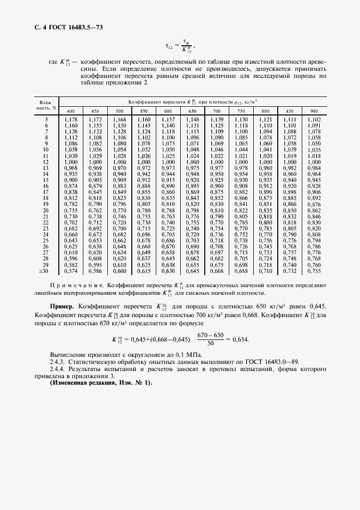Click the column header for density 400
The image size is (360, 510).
coord(71,111)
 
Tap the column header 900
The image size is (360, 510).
coord(314,111)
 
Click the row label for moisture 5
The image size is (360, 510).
coord(46,119)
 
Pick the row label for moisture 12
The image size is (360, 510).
coord(46,162)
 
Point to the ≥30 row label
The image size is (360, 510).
coord(45,271)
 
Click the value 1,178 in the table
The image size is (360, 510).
coord(71,119)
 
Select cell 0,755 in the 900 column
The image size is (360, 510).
coord(314,271)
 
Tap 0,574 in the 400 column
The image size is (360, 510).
coord(71,271)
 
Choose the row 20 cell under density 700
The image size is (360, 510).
coord(217,210)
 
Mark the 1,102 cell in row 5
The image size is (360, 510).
coord(314,119)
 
